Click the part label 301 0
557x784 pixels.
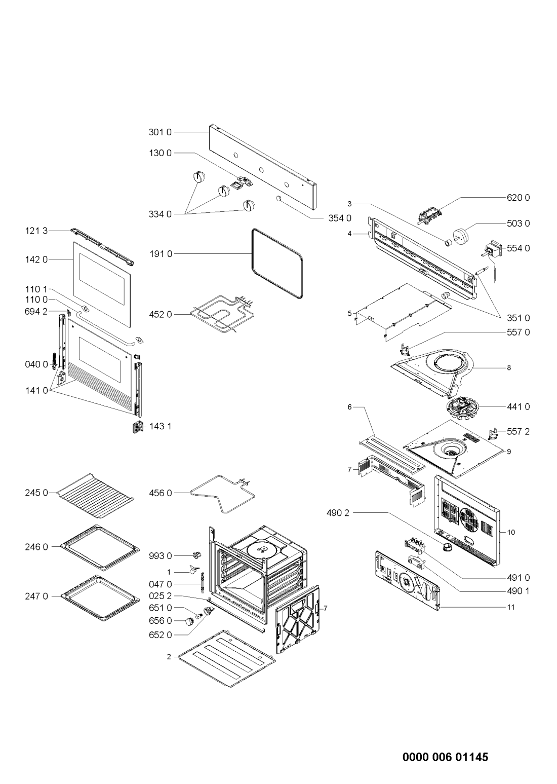pyautogui.click(x=160, y=132)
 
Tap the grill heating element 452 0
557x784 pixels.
pyautogui.click(x=222, y=314)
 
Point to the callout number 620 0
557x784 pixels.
pyautogui.click(x=518, y=198)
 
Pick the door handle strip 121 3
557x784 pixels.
pyautogui.click(x=102, y=247)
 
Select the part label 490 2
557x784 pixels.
pyautogui.click(x=338, y=513)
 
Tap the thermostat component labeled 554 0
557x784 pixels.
pyautogui.click(x=493, y=250)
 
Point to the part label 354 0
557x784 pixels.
pyautogui.click(x=339, y=218)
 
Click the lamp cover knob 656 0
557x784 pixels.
pyautogui.click(x=189, y=621)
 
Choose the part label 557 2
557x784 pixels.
pyautogui.click(x=518, y=432)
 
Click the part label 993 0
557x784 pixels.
pyautogui.click(x=161, y=556)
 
